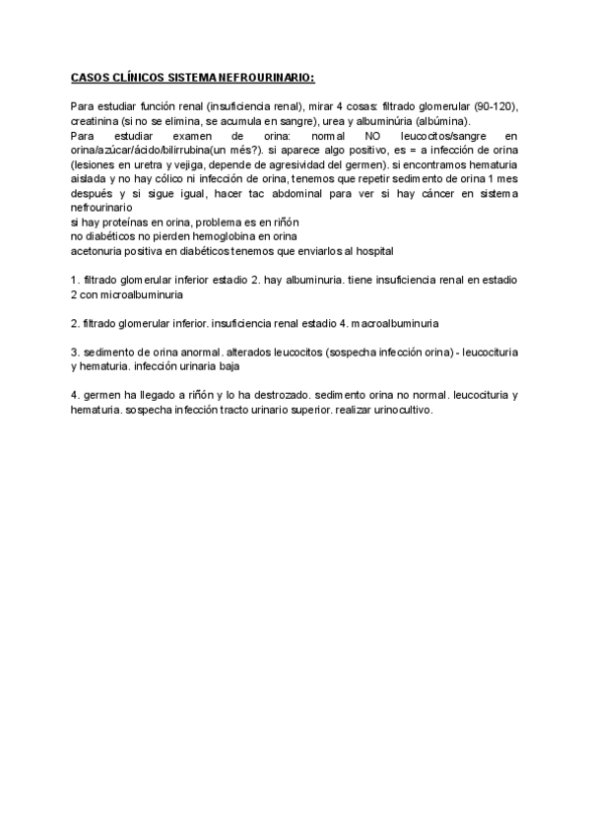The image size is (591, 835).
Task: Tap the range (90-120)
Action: [x=490, y=105]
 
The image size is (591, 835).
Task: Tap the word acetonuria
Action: [x=98, y=251]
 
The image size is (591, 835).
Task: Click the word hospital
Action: [x=369, y=251]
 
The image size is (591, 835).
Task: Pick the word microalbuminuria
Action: [x=140, y=294]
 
